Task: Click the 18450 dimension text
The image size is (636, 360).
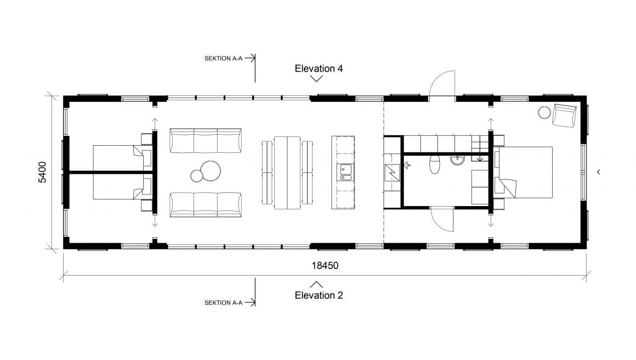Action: point(325,266)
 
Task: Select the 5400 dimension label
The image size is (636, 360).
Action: point(42,172)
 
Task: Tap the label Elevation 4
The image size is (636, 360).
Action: point(319,68)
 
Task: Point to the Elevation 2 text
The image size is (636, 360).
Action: point(319,295)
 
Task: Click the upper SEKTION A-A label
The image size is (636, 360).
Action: point(223,58)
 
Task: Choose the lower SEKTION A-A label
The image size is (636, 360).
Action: point(223,302)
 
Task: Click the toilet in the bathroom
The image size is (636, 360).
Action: point(435,164)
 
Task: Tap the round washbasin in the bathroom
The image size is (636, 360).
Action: point(457,160)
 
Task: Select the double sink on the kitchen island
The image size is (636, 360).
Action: point(345,173)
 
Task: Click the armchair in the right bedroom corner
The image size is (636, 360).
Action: point(565,115)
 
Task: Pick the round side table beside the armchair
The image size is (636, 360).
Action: point(544,112)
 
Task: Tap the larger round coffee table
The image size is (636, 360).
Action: point(210,170)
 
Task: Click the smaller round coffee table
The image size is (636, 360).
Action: point(197,176)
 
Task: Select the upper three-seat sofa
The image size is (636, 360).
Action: point(206,141)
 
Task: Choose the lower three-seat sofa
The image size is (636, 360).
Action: point(206,204)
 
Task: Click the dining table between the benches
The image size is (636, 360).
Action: point(287,172)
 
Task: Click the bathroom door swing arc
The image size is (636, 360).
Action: point(442,221)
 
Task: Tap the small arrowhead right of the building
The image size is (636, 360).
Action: point(598,172)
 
